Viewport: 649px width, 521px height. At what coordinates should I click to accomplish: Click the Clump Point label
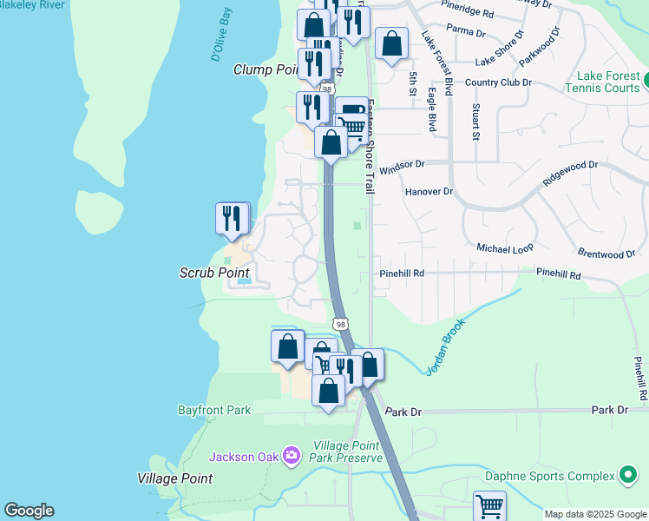(265, 69)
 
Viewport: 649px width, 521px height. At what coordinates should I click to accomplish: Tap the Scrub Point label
(214, 273)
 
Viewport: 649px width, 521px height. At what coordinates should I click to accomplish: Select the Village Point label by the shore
(174, 478)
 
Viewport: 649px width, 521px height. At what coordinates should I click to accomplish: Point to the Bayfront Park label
(213, 409)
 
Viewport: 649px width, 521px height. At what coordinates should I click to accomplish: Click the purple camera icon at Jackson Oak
(291, 455)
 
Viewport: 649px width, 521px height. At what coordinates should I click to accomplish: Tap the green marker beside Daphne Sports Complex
(627, 476)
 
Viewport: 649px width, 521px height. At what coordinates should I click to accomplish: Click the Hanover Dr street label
(429, 191)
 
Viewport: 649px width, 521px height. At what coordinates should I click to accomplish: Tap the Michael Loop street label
(505, 248)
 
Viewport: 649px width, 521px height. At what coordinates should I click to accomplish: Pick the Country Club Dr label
(497, 82)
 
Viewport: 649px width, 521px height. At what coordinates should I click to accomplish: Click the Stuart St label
(475, 122)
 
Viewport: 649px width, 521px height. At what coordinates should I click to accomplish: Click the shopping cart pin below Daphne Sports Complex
(489, 506)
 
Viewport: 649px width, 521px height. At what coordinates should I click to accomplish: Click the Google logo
(29, 511)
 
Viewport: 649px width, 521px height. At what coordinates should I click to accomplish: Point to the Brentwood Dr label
(606, 254)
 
